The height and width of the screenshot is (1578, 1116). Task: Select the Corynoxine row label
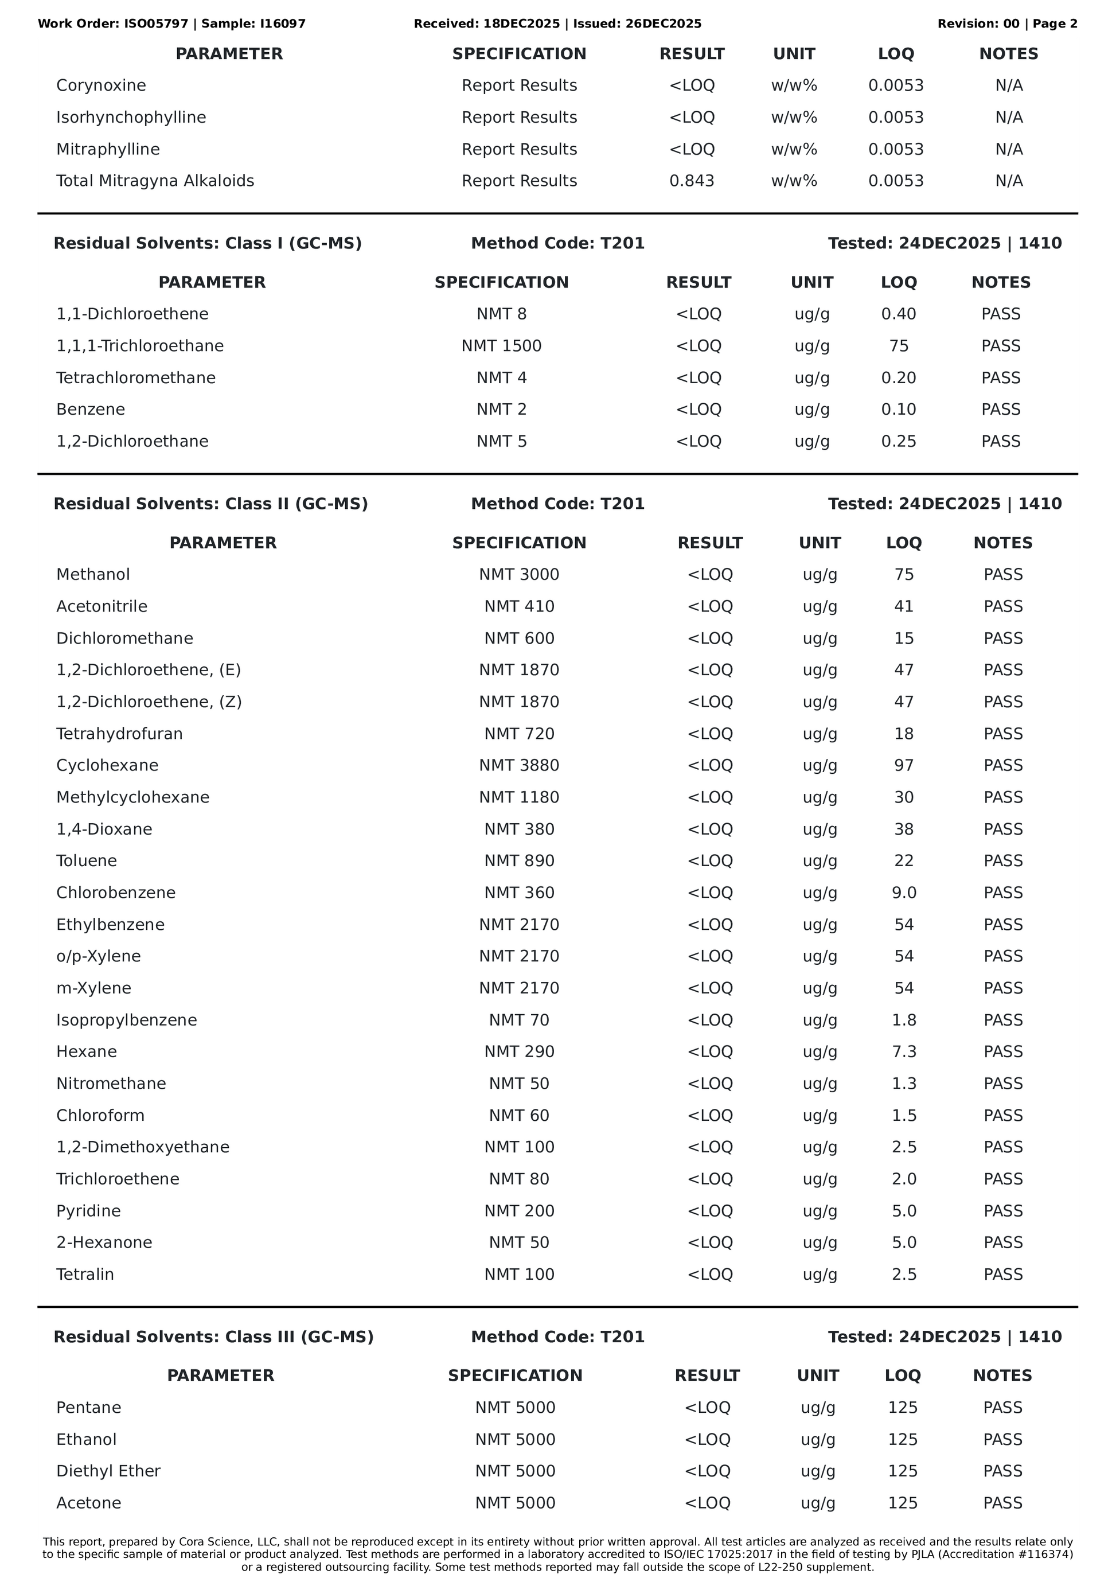[x=101, y=85]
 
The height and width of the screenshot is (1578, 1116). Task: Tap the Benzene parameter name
[x=91, y=410]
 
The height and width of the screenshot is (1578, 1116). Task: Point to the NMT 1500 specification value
[x=501, y=346]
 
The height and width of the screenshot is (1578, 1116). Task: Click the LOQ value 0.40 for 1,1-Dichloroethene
[x=898, y=314]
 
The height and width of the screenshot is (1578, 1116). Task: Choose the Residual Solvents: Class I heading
[x=207, y=243]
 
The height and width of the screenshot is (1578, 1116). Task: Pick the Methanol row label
[x=93, y=575]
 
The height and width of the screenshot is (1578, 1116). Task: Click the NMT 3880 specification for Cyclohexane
[x=519, y=766]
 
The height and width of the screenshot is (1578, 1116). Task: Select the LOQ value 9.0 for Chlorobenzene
[x=904, y=893]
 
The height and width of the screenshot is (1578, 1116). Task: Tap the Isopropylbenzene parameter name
[x=126, y=1020]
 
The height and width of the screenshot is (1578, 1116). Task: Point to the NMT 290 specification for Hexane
[x=519, y=1051]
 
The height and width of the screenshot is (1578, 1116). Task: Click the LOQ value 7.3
[x=904, y=1051]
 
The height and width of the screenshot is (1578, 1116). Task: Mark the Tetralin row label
[x=85, y=1274]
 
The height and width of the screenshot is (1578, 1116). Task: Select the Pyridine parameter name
[x=89, y=1211]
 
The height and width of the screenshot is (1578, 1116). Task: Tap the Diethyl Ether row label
[x=108, y=1471]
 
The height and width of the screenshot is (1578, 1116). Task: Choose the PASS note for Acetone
[x=1002, y=1503]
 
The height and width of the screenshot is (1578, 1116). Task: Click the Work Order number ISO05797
[x=156, y=24]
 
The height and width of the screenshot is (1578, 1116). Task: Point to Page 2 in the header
[x=1055, y=24]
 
